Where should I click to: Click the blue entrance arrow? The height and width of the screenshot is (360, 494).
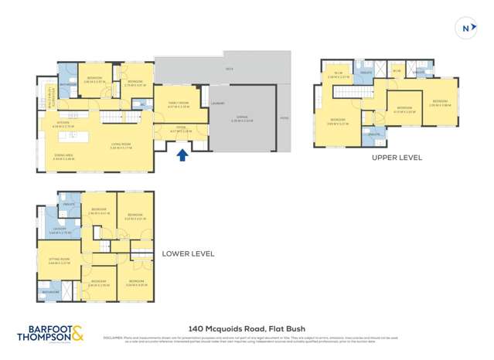click(x=182, y=155)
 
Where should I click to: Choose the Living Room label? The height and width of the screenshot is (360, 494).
click(x=118, y=144)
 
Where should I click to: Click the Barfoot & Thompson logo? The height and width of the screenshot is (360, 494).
click(x=50, y=334)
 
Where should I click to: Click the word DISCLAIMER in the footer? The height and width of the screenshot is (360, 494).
click(x=114, y=336)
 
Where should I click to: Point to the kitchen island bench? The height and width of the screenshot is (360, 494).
click(x=75, y=135)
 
